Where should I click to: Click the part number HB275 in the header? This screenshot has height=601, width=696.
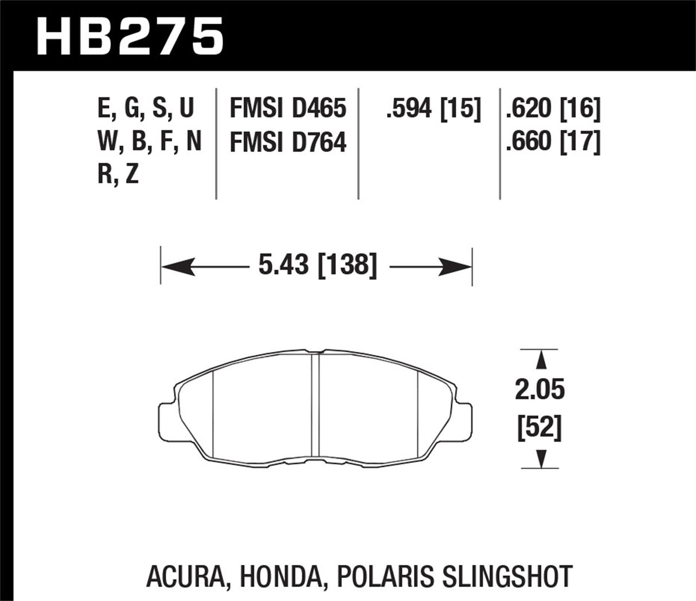[x=130, y=36]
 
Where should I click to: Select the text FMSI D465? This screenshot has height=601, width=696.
[x=288, y=109]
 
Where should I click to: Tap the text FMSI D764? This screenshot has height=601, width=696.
[x=288, y=142]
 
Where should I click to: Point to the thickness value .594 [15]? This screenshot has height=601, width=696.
[x=433, y=109]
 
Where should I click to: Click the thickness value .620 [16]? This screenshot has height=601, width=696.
[x=553, y=109]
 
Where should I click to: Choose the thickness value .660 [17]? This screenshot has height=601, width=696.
[x=553, y=142]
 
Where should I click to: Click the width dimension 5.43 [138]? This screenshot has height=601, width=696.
[x=317, y=266]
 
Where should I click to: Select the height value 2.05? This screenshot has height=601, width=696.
[x=539, y=391]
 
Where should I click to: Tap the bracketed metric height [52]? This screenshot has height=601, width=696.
[x=539, y=428]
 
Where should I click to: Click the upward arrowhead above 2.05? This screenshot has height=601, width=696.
[x=539, y=360]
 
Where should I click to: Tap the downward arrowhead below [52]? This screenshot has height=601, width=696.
[x=539, y=458]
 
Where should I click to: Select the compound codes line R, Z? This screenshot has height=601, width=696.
[x=118, y=175]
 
